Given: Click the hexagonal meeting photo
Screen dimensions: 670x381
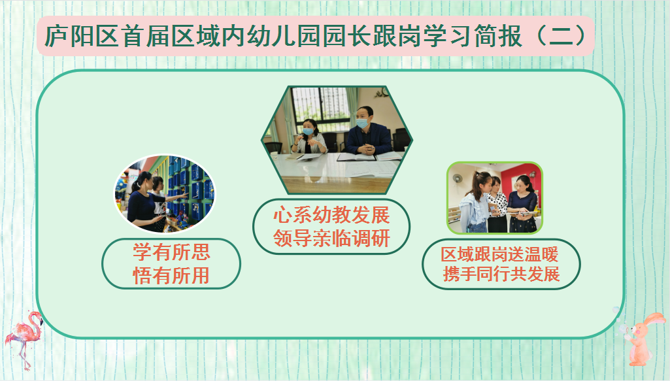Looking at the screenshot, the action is click(337, 140).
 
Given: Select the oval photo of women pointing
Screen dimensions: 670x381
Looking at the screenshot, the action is click(165, 194).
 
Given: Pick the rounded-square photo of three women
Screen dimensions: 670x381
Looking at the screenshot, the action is click(494, 198).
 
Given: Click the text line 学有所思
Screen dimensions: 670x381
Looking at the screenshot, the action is click(171, 252).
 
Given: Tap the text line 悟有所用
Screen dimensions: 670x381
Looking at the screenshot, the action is click(171, 276).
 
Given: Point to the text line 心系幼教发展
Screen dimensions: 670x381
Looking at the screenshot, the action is click(331, 215).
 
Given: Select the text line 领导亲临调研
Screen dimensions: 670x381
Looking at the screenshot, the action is click(331, 239).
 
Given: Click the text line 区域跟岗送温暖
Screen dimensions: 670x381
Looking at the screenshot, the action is click(500, 255).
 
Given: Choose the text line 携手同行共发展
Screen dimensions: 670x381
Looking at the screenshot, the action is click(501, 274).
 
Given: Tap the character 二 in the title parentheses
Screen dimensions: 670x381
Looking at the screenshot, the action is click(561, 35).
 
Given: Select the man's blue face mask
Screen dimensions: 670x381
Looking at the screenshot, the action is click(362, 124).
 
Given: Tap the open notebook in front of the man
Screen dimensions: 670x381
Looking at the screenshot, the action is click(356, 157).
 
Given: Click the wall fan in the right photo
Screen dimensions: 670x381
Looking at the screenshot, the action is click(458, 178).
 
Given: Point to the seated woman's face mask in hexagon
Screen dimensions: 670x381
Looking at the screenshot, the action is click(308, 131).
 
